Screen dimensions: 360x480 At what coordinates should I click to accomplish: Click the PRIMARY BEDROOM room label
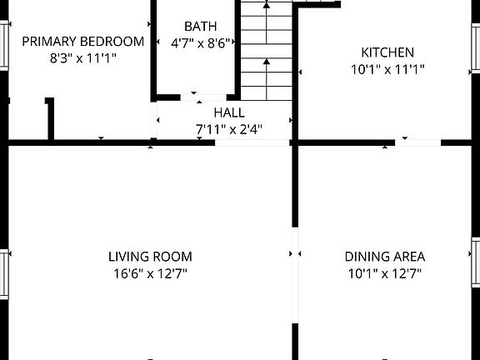[82, 41]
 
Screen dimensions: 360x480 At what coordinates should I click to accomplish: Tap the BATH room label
[200, 26]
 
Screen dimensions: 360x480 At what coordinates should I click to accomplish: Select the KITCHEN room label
[387, 52]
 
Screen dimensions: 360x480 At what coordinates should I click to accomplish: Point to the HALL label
[228, 112]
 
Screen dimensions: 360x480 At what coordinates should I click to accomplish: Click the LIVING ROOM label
[150, 257]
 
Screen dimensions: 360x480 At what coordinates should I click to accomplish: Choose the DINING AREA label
[385, 257]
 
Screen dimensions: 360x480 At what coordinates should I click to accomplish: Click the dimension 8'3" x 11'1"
[82, 58]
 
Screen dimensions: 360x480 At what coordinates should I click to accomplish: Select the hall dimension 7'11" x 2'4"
[228, 129]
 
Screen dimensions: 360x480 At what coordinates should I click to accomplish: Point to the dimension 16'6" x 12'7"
[150, 273]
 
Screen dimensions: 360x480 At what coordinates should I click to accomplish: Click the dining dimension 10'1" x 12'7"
[385, 273]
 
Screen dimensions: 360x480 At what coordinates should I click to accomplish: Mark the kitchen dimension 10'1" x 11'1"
[387, 70]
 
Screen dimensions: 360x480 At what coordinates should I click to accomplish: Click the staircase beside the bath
[267, 50]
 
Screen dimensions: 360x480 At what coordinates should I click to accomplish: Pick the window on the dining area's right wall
[475, 262]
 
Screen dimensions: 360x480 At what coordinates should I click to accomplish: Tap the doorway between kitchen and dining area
[417, 143]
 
